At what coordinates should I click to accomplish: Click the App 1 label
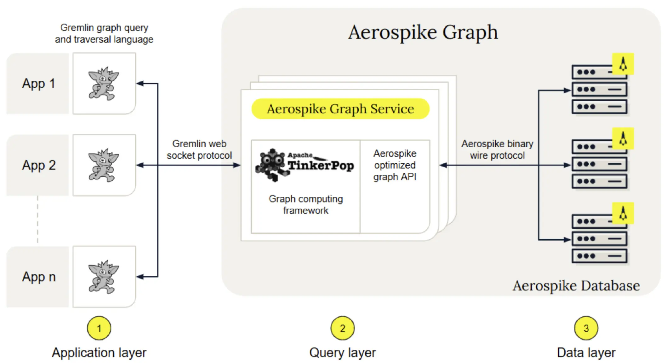click(38, 84)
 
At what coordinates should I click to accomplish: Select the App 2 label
click(39, 165)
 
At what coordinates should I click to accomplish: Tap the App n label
click(39, 277)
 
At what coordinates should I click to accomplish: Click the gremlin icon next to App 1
click(104, 84)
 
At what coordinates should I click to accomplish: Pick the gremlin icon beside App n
click(104, 277)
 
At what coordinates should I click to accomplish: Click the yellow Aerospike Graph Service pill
click(340, 109)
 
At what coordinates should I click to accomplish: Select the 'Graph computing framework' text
click(305, 204)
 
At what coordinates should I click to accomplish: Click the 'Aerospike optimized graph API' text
click(395, 165)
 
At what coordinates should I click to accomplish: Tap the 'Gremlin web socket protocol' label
click(199, 149)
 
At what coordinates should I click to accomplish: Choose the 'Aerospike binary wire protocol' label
click(497, 149)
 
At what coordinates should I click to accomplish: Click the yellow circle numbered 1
click(99, 328)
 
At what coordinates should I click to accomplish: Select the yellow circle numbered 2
click(342, 328)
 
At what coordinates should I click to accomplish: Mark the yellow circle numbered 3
click(586, 328)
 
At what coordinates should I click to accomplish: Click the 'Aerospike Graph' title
click(423, 32)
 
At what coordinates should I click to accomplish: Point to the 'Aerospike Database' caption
click(576, 286)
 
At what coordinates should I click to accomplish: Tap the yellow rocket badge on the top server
click(623, 64)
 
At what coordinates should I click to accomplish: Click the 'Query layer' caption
click(342, 353)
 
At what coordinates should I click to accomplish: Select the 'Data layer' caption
click(586, 353)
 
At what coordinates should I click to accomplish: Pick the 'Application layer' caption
click(99, 353)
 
